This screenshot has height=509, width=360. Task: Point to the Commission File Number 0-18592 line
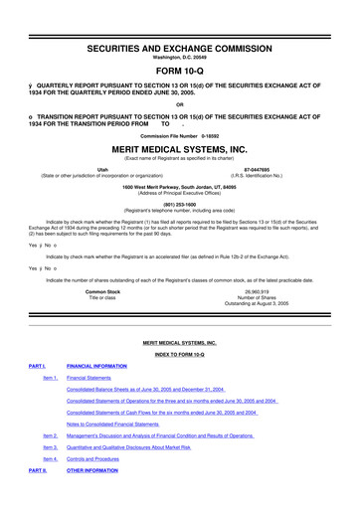(179, 135)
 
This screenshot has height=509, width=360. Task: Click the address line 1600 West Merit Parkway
(179, 215)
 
